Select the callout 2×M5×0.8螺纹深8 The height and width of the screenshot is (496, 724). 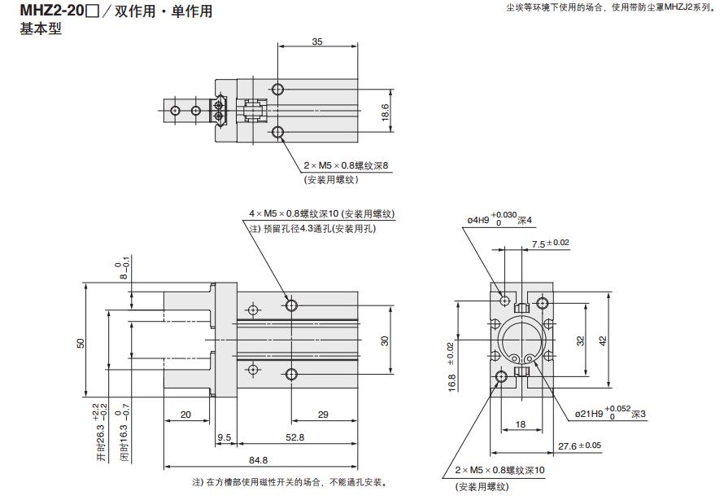pos(347,165)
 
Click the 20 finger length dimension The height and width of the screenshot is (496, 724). pos(185,415)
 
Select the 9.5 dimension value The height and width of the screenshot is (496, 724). pos(224,437)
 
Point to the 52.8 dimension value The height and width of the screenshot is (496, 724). pos(294,437)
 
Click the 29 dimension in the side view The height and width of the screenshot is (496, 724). pos(322,415)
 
